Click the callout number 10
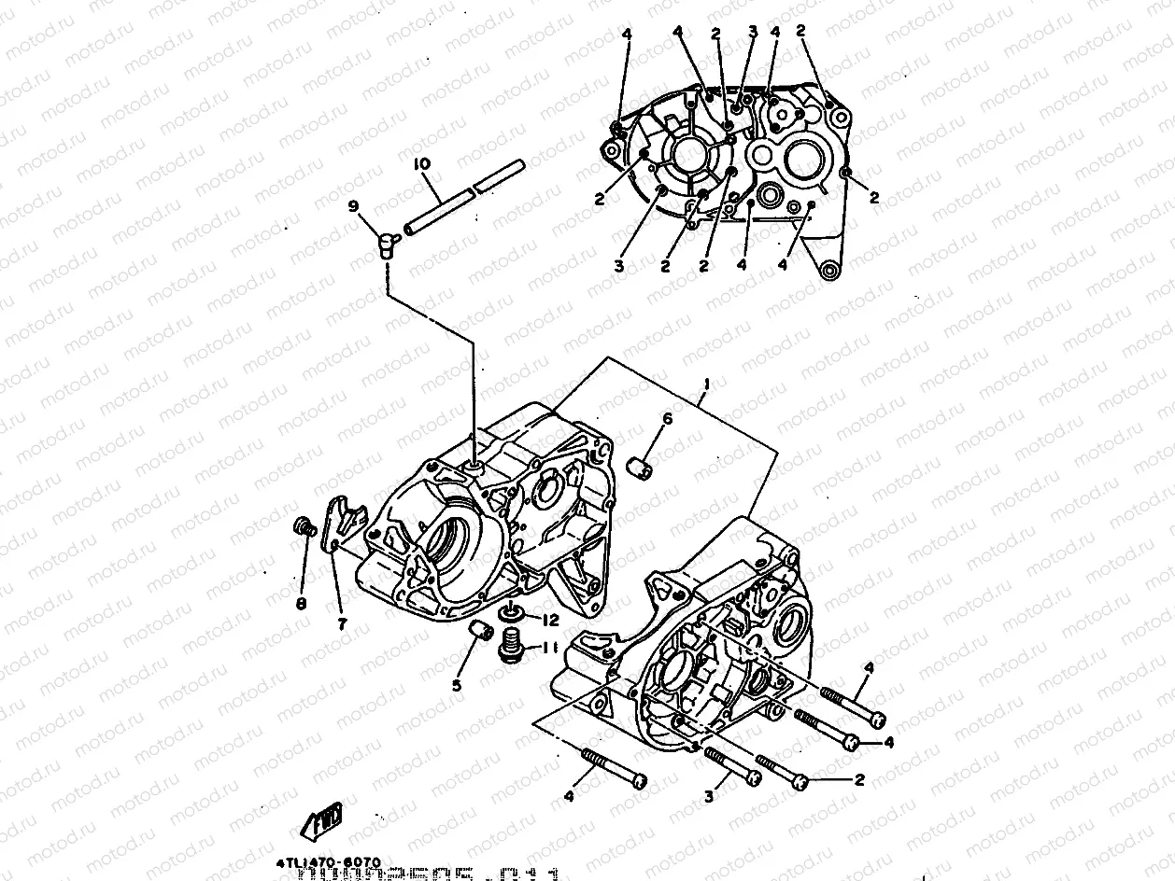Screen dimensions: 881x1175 click(x=422, y=164)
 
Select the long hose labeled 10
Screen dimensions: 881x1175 click(x=462, y=198)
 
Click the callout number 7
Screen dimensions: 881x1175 click(x=343, y=624)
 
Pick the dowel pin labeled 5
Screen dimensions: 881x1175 click(x=479, y=632)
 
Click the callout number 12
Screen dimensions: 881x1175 click(x=551, y=620)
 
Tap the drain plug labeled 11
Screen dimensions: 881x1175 click(x=510, y=647)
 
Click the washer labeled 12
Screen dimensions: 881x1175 click(x=511, y=614)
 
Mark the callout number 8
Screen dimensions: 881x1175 click(x=301, y=604)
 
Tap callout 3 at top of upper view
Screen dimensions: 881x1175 click(x=753, y=33)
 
